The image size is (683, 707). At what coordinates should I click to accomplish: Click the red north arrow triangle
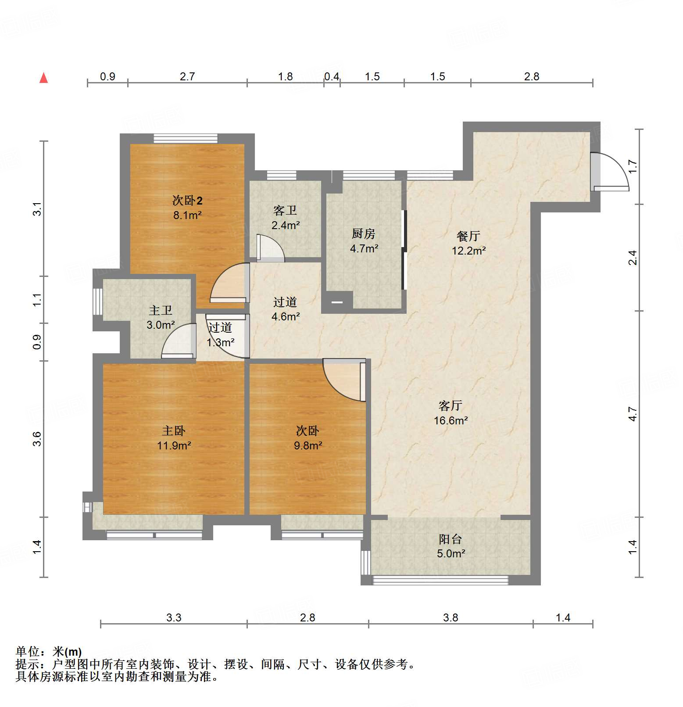click(x=43, y=78)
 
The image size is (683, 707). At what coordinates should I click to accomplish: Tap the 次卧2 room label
click(x=187, y=201)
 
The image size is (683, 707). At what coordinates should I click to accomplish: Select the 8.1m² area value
click(x=187, y=215)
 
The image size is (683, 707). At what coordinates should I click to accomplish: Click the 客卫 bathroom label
click(x=285, y=211)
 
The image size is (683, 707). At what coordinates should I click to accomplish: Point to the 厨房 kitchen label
click(x=364, y=234)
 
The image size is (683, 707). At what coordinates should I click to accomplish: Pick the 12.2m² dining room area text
click(x=468, y=251)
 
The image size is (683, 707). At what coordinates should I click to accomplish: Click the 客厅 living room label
click(x=451, y=406)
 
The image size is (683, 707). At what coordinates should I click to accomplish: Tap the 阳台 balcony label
click(x=451, y=539)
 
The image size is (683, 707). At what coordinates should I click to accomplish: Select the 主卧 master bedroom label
click(x=174, y=431)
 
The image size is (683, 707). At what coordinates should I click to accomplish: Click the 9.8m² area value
click(x=308, y=446)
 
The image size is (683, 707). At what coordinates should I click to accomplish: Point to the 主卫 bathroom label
click(x=161, y=311)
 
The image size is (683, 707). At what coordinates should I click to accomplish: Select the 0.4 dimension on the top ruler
click(x=332, y=77)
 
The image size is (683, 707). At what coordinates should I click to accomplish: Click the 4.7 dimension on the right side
click(x=633, y=414)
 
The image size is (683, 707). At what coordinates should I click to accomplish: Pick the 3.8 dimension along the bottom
click(x=451, y=618)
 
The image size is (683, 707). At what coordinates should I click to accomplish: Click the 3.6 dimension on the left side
click(x=37, y=439)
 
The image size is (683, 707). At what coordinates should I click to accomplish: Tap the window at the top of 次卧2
click(x=186, y=139)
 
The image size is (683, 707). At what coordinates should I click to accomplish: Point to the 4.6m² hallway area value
click(x=286, y=316)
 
